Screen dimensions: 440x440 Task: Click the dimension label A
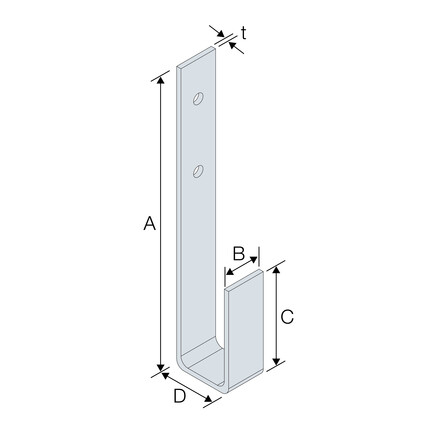pos(149,223)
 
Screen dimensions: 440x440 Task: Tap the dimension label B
pos(239,253)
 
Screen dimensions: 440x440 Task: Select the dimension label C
pos(287,317)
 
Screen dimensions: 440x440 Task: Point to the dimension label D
pos(179,396)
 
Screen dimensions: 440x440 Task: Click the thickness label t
pos(244,33)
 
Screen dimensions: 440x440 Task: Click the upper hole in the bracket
pos(198,98)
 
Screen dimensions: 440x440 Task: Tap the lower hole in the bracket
pos(198,171)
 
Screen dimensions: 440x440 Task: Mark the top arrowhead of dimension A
pos(161,80)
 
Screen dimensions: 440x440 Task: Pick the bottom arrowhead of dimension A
pos(161,367)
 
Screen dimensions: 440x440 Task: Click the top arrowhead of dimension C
pos(276,270)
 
